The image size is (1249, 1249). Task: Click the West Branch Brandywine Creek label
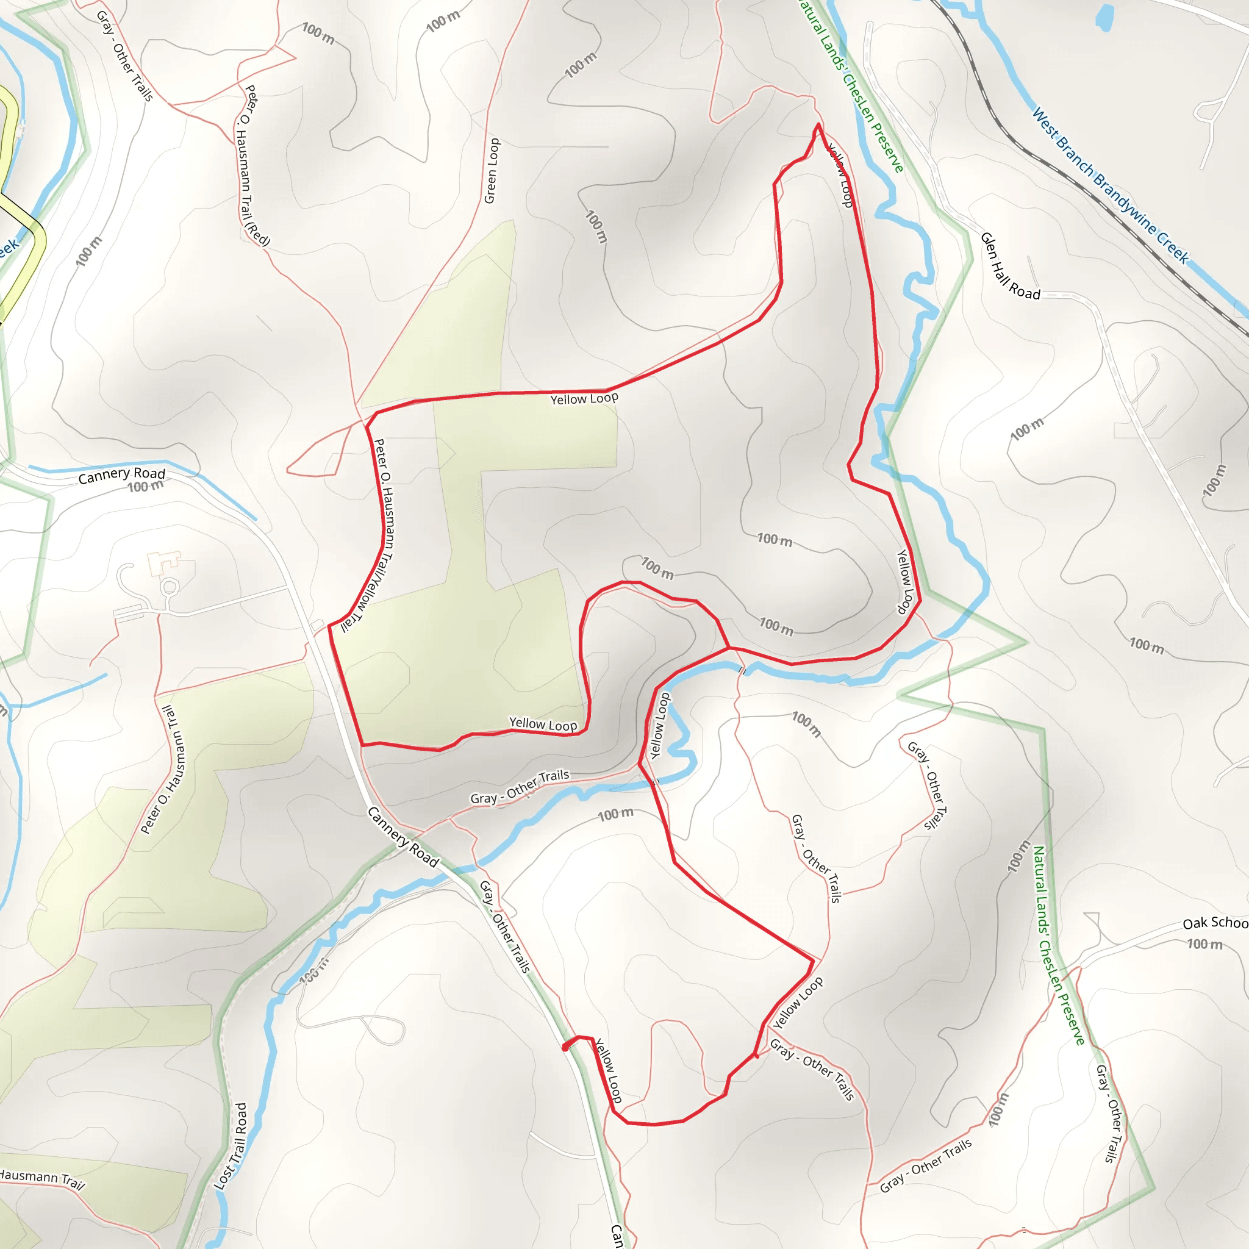click(1109, 185)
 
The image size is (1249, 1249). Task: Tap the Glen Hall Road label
click(1009, 267)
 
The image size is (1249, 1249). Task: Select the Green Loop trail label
click(493, 171)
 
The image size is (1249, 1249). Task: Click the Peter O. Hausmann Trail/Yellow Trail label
click(384, 534)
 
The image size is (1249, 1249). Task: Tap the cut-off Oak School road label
click(1215, 923)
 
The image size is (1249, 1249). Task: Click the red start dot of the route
click(566, 1048)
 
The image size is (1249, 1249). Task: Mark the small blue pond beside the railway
click(1104, 18)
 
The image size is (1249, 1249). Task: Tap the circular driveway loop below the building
click(170, 587)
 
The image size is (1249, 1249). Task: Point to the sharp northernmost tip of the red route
click(818, 124)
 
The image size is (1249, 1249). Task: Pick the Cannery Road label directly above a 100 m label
click(121, 475)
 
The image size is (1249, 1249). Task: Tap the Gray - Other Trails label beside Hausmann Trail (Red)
click(125, 55)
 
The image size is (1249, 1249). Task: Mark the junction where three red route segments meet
click(729, 647)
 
